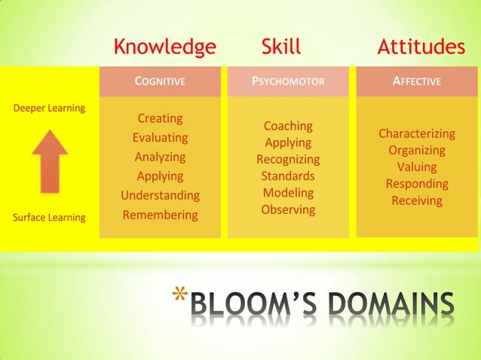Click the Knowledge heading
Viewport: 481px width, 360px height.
click(164, 47)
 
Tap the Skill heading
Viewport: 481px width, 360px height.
click(280, 47)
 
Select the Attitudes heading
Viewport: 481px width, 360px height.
click(421, 47)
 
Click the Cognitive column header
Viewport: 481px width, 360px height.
click(160, 81)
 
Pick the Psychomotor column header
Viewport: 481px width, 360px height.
click(288, 81)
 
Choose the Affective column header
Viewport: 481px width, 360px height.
click(417, 81)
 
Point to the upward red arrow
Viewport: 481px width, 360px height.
click(50, 160)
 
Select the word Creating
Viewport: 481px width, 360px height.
click(160, 119)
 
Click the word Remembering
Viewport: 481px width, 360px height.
click(160, 215)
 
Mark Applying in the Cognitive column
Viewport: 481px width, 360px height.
click(160, 176)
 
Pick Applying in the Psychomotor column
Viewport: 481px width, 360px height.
click(288, 142)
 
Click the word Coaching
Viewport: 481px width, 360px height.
click(288, 126)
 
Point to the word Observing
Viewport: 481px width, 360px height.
click(288, 209)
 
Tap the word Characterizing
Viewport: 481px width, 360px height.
click(417, 134)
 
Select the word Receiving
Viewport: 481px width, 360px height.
click(417, 200)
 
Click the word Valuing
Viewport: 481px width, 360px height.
click(417, 167)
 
